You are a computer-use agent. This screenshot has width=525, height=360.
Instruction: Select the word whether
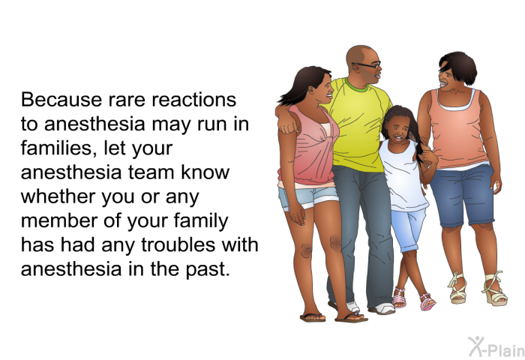pyautogui.click(x=58, y=196)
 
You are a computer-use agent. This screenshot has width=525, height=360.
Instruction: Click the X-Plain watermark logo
pyautogui.click(x=496, y=346)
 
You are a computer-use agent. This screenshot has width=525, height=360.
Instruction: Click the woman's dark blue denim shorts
pyautogui.click(x=463, y=195)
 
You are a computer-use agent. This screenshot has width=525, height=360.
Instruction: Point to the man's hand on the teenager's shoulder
pyautogui.click(x=289, y=125)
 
